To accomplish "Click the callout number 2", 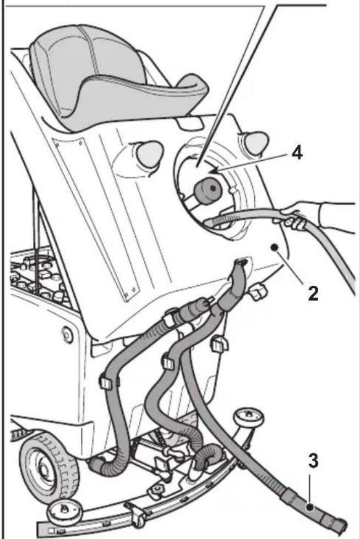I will tap(312, 293).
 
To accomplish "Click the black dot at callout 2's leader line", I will tap(274, 248).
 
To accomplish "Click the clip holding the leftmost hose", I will tap(106, 381).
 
